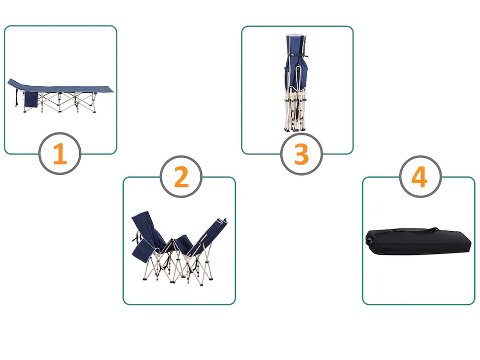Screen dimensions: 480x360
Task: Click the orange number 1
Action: pyautogui.click(x=60, y=154)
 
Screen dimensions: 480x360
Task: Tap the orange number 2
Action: pyautogui.click(x=181, y=177)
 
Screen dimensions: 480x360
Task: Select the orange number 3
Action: pyautogui.click(x=301, y=154)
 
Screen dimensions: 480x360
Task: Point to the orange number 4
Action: pyautogui.click(x=420, y=177)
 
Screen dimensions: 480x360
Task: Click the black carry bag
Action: pyautogui.click(x=418, y=241)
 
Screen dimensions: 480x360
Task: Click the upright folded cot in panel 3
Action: pyautogui.click(x=295, y=83)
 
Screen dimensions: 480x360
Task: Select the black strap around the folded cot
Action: pyautogui.click(x=297, y=55)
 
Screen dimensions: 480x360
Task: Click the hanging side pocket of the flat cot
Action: pyautogui.click(x=31, y=99)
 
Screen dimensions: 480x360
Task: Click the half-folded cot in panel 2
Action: pyautogui.click(x=180, y=248)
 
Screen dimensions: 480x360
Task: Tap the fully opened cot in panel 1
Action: pyautogui.click(x=60, y=96)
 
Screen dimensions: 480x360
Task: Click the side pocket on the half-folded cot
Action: pyautogui.click(x=143, y=249)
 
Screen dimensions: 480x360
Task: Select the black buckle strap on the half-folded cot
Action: pyautogui.click(x=137, y=237)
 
